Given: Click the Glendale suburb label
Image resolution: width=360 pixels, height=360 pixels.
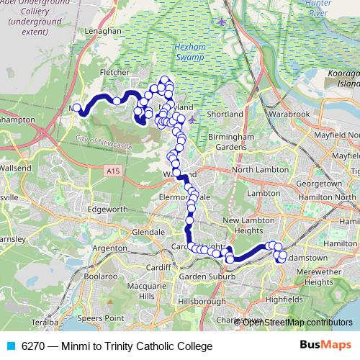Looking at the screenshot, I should click(x=148, y=233).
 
